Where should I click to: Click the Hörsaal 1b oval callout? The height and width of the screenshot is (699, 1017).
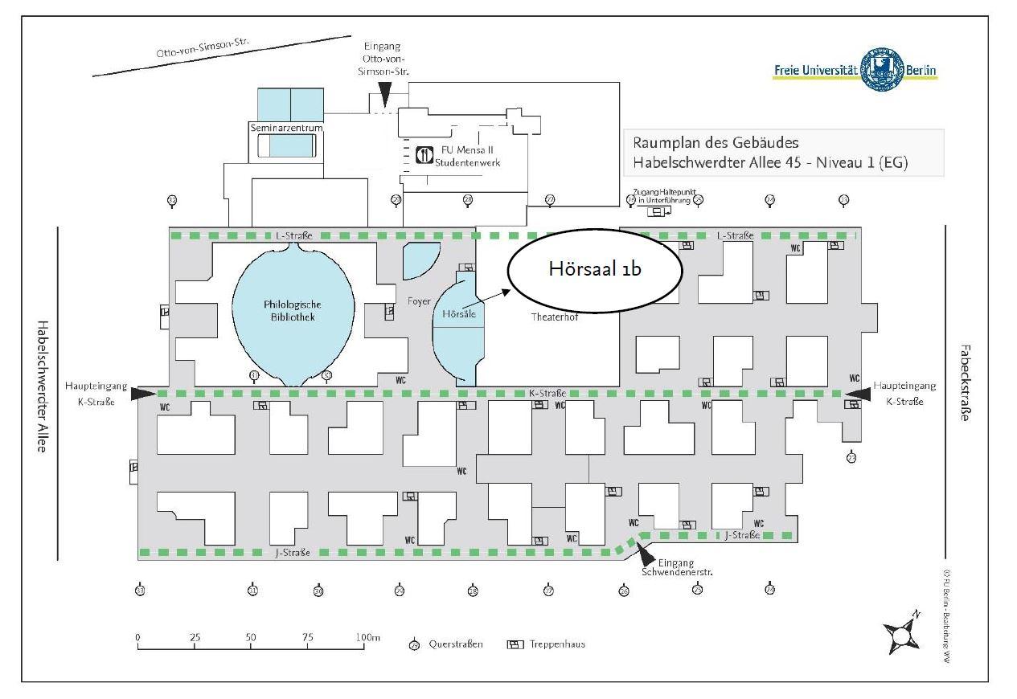(595, 269)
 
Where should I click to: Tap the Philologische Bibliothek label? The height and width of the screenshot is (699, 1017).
(293, 310)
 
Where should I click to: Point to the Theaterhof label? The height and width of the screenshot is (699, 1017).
(555, 317)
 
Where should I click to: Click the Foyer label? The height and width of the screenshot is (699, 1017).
(419, 300)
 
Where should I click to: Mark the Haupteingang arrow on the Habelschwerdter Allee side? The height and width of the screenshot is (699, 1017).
(145, 393)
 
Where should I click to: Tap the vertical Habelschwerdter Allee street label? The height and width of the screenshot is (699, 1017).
(42, 386)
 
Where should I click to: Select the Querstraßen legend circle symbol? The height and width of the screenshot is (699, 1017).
(415, 644)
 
